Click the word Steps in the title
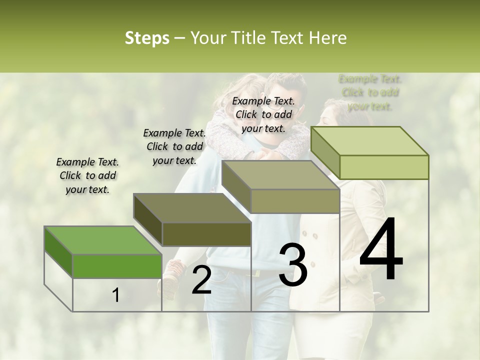146,38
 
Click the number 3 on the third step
292,265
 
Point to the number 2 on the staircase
201,280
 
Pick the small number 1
116,295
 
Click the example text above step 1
87,175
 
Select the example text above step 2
174,146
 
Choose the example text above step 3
263,114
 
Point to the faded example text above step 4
370,92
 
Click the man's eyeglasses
275,106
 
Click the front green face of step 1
117,266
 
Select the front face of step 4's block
384,167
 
